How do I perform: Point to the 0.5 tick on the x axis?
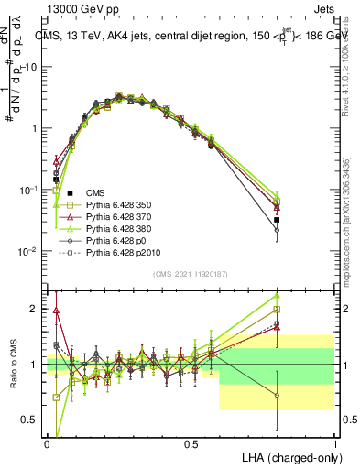coord(191,443)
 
